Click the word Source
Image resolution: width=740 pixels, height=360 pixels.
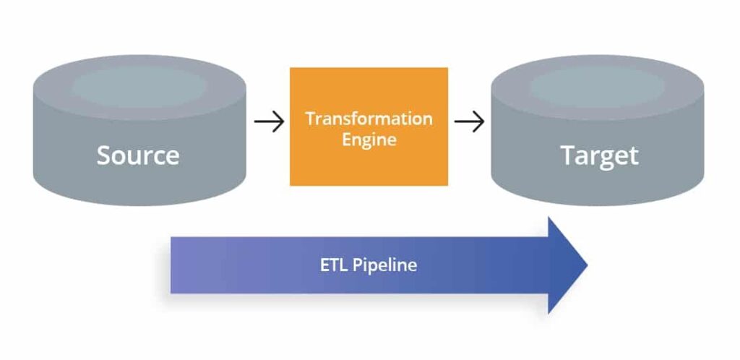pyautogui.click(x=138, y=155)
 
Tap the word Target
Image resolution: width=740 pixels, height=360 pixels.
pyautogui.click(x=599, y=155)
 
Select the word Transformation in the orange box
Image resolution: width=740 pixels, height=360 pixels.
pyautogui.click(x=369, y=119)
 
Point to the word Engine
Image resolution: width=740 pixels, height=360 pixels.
pyautogui.click(x=369, y=140)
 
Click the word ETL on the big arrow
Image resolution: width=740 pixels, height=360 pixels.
pyautogui.click(x=334, y=265)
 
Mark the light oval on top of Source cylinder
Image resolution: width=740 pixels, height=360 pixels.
pyautogui.click(x=139, y=85)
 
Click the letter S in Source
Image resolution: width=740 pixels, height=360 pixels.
pyautogui.click(x=104, y=155)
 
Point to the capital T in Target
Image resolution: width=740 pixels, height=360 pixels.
pyautogui.click(x=568, y=155)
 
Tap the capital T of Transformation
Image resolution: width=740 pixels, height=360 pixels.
pyautogui.click(x=309, y=119)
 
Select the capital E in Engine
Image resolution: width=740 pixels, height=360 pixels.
pyautogui.click(x=346, y=140)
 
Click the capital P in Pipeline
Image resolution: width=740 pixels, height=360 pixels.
pyautogui.click(x=357, y=265)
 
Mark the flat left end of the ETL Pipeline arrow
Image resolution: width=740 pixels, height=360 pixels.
pyautogui.click(x=172, y=265)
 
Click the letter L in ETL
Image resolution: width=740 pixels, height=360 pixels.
pyautogui.click(x=344, y=265)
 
